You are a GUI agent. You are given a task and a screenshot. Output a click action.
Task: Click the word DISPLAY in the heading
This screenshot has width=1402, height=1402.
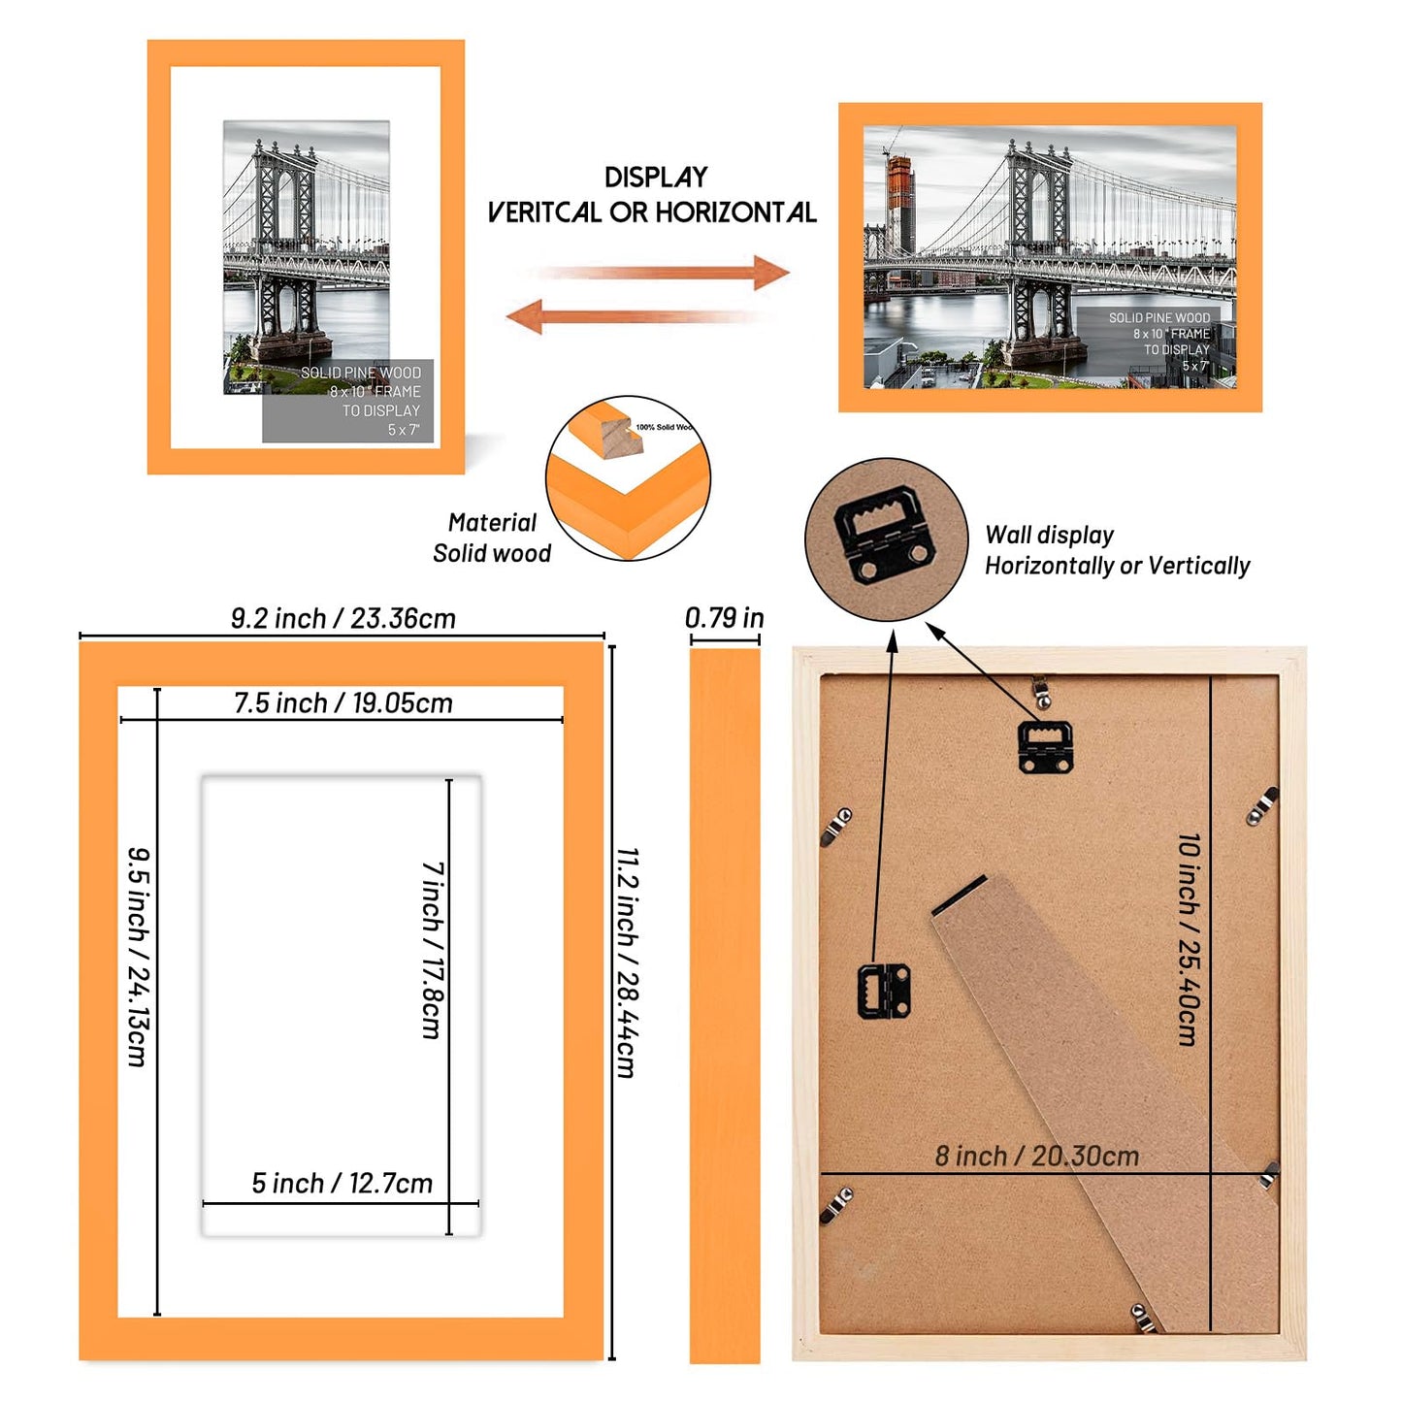click(x=656, y=178)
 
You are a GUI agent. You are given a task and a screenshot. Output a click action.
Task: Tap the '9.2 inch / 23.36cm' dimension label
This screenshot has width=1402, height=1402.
click(x=342, y=618)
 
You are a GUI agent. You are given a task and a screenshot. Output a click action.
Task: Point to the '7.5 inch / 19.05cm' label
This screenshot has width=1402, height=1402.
click(x=342, y=702)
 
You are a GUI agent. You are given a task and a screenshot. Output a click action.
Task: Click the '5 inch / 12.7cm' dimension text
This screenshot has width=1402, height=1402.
click(x=342, y=1183)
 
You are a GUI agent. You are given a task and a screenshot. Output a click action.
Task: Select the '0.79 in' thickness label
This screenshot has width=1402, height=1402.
click(x=724, y=617)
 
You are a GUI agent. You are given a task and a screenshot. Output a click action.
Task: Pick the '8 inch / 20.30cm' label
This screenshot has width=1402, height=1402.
click(x=1036, y=1156)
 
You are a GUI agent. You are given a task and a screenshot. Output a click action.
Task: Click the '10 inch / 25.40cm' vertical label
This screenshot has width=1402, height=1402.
click(x=1189, y=938)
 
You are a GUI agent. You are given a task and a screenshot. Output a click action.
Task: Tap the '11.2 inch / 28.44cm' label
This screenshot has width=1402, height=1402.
click(x=628, y=962)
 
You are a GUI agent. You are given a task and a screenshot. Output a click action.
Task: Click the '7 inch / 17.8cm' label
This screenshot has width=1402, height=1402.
click(x=433, y=950)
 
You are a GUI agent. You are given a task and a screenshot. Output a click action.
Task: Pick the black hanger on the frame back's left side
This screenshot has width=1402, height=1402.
click(x=884, y=991)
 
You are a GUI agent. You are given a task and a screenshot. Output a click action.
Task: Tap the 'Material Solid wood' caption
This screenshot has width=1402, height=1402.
click(x=492, y=538)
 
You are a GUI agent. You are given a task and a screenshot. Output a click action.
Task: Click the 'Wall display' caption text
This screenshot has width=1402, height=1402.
click(x=1049, y=535)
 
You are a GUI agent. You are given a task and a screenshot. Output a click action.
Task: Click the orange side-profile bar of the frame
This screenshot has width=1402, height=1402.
click(x=724, y=1004)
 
